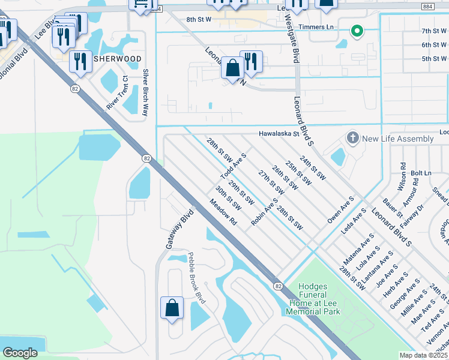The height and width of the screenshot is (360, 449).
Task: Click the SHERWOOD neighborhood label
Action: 117,59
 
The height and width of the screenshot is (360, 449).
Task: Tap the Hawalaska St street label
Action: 279,134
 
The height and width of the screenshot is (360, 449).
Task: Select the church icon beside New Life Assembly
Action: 353,139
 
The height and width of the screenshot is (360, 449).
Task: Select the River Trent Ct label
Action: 118,92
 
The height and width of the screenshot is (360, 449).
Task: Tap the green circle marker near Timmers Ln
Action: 357,31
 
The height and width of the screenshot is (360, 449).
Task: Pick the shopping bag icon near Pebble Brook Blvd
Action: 172,307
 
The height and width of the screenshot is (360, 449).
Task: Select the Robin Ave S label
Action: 265,212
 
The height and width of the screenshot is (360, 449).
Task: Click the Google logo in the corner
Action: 20,353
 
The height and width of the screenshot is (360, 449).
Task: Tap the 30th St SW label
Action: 228,197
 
